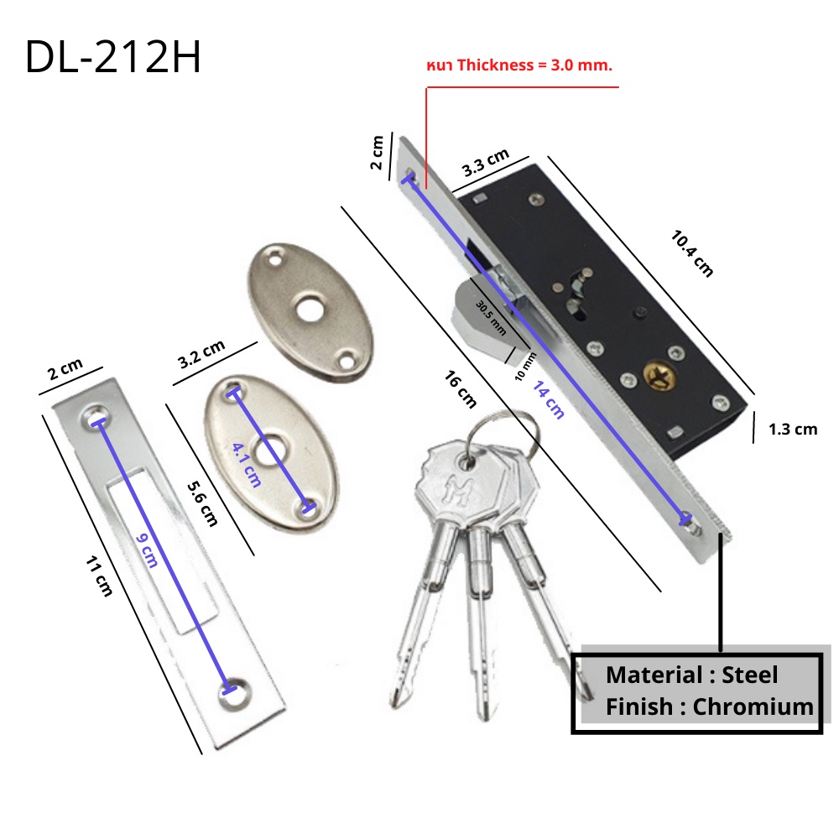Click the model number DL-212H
(113, 57)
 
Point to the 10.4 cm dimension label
(692, 253)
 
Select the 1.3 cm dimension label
(793, 429)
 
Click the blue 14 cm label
(549, 399)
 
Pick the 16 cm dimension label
(460, 389)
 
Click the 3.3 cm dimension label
(485, 163)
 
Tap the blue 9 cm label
(147, 550)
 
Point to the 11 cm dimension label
(99, 576)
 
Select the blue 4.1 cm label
(247, 465)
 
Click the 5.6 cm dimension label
(202, 503)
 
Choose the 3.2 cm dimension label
(201, 354)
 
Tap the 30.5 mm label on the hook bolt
(491, 317)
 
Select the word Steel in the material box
(749, 675)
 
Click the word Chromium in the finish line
(753, 706)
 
